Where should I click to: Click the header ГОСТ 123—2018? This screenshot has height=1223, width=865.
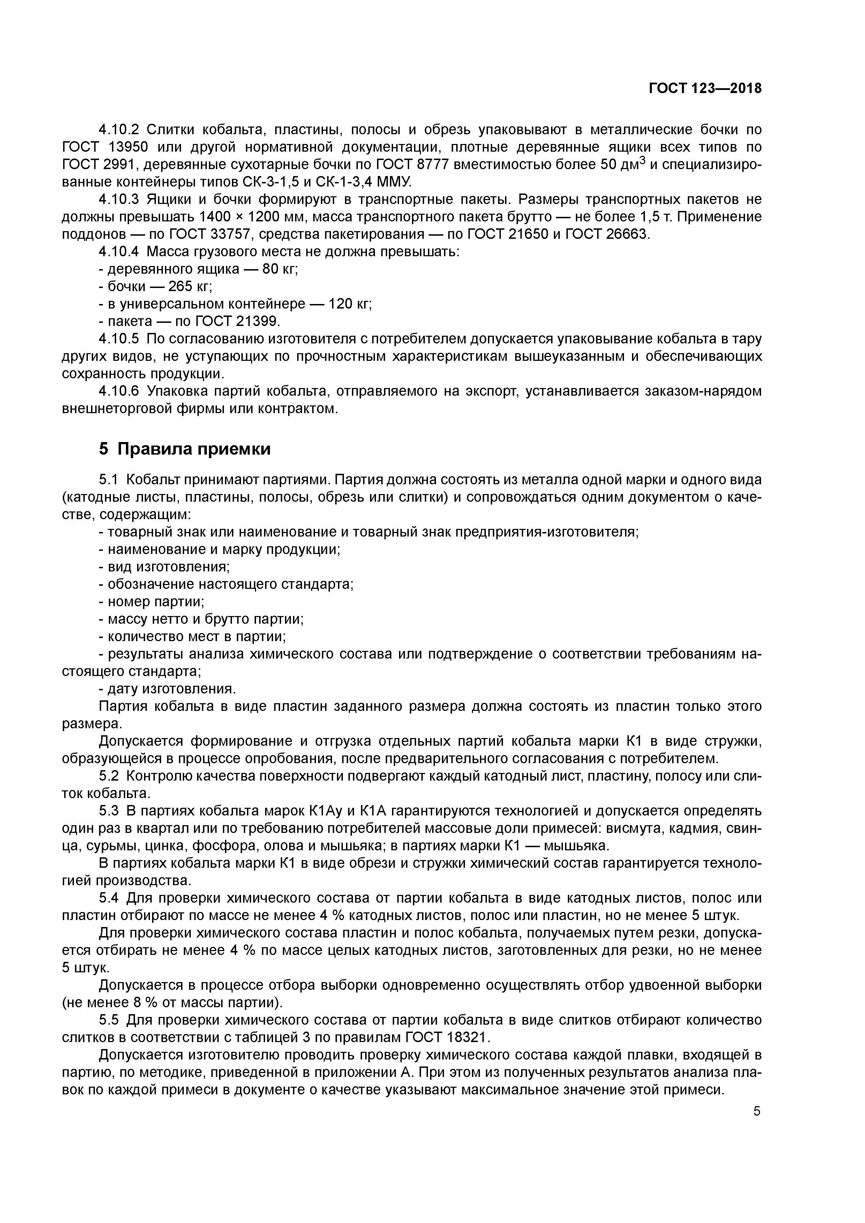[x=705, y=89]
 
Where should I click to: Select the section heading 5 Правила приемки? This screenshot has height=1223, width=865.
[x=185, y=449]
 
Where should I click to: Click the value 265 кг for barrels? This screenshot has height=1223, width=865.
[x=190, y=287]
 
